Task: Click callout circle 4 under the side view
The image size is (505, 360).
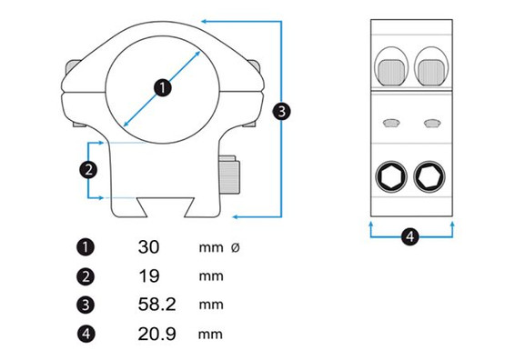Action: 410,236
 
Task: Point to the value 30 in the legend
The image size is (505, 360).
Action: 149,246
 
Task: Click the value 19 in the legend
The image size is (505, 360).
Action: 148,275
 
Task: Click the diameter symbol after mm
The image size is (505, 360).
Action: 237,247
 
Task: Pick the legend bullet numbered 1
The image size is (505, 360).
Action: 86,246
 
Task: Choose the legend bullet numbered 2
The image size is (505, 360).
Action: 86,275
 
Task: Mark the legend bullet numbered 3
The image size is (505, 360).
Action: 86,305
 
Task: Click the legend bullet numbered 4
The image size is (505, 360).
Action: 86,334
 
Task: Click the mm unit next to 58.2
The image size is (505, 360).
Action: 210,305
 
